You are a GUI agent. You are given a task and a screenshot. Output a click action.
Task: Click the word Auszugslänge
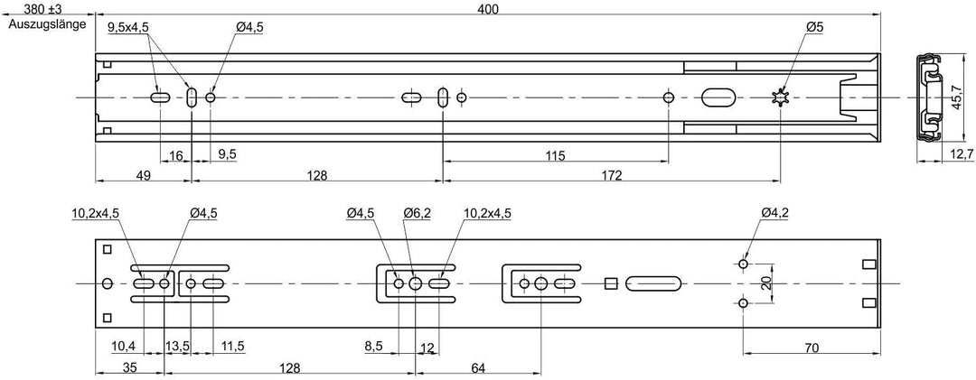(47, 25)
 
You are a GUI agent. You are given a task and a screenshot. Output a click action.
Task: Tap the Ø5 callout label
(815, 27)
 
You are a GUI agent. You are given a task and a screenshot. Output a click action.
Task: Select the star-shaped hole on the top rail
(780, 97)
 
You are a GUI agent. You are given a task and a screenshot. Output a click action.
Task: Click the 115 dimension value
(555, 155)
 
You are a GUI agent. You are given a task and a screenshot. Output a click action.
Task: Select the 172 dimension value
(612, 175)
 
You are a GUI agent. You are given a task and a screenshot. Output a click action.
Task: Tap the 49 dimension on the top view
(143, 175)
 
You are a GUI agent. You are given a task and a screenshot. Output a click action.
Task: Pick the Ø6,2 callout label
(417, 213)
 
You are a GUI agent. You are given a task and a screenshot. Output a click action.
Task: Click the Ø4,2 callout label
(774, 213)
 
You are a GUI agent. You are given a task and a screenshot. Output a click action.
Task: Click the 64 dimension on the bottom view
(477, 368)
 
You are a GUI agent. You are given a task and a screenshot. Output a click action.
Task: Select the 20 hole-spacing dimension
(767, 284)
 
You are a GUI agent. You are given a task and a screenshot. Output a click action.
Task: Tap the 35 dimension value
(129, 368)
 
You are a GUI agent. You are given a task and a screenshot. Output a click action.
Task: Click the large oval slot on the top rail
(719, 97)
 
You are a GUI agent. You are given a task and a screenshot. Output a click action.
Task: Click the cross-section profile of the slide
(929, 97)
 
